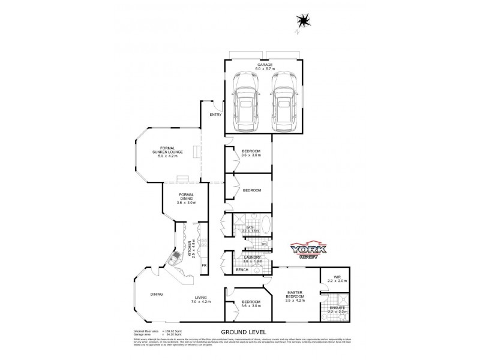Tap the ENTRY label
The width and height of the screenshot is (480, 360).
coord(215,115)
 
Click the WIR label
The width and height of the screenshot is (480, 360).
coord(337,277)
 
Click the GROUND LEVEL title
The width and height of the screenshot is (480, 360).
coord(243,332)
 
